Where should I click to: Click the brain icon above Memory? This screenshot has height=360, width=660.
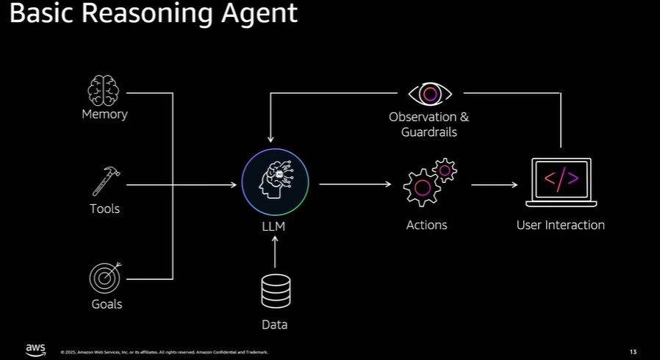pyautogui.click(x=104, y=90)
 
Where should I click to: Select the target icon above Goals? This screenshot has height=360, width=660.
pyautogui.click(x=104, y=278)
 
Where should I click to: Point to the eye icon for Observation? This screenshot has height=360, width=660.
pyautogui.click(x=430, y=94)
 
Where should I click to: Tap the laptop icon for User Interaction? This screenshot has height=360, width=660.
pyautogui.click(x=561, y=182)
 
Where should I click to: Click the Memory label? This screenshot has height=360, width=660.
pyautogui.click(x=104, y=114)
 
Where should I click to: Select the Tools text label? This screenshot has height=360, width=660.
pyautogui.click(x=104, y=209)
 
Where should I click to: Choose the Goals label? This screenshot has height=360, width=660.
pyautogui.click(x=107, y=304)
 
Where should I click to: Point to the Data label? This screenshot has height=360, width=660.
pyautogui.click(x=275, y=325)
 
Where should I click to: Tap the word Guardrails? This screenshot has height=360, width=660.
pyautogui.click(x=429, y=132)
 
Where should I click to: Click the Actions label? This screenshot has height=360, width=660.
pyautogui.click(x=426, y=225)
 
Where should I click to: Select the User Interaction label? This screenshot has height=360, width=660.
pyautogui.click(x=560, y=225)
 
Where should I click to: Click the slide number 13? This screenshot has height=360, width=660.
pyautogui.click(x=634, y=351)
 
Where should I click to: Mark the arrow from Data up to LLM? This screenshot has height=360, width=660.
pyautogui.click(x=275, y=254)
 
